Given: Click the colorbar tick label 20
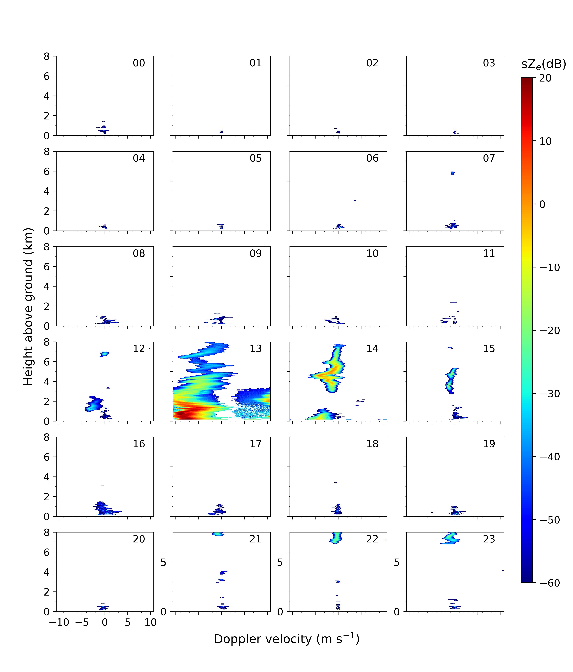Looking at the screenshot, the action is (x=545, y=78).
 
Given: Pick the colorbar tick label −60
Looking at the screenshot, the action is (x=550, y=583).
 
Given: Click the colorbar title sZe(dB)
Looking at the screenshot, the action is (x=543, y=64).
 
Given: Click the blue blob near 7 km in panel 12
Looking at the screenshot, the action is (x=104, y=354).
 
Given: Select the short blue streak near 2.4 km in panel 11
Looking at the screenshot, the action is (x=454, y=302).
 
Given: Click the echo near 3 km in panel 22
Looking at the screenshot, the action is (x=337, y=582).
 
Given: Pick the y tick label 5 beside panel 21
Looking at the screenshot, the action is (x=163, y=563).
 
